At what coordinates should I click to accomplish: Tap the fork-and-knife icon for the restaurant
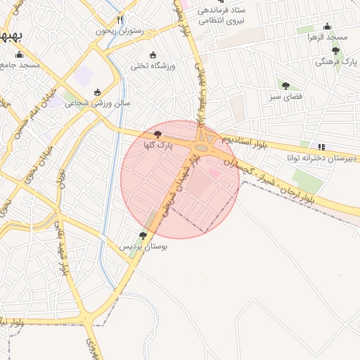tap(120, 20)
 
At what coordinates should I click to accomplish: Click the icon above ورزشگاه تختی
tap(153, 55)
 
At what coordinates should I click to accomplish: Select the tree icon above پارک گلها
tap(157, 134)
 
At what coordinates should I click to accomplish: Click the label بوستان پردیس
tap(143, 247)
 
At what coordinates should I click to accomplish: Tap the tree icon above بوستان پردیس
tap(143, 236)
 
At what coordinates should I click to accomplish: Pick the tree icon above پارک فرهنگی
tap(335, 51)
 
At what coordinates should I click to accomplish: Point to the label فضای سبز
tap(285, 96)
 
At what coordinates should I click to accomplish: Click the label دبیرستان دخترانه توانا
tap(321, 158)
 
